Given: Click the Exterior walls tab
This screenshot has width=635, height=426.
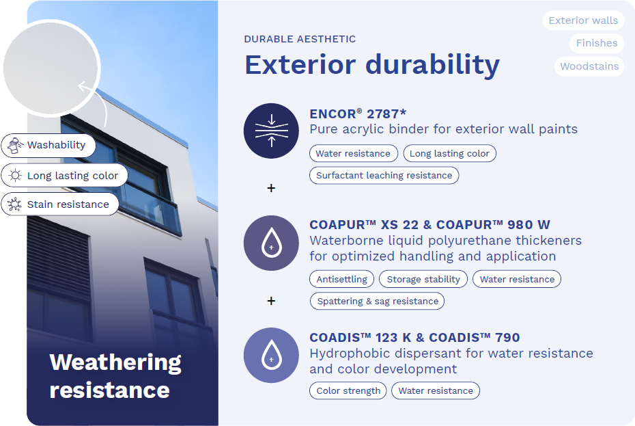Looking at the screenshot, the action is point(583,21).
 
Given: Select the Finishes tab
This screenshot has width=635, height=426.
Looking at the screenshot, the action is point(597,43).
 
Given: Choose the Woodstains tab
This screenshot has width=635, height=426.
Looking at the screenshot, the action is point(589,66).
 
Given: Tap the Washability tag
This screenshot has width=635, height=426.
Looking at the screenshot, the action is point(48,145).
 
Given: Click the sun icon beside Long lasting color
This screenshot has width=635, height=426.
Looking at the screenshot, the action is point(16,175).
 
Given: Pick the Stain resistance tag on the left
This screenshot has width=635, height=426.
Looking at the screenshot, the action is point(60,204).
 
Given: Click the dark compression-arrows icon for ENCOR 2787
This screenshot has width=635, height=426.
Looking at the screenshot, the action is point(271,131).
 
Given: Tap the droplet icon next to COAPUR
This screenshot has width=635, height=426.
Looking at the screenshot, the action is point(271,243).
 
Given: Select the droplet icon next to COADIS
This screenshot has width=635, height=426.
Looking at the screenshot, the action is point(271,356).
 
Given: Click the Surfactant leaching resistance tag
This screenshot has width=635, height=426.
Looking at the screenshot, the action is point(384,175).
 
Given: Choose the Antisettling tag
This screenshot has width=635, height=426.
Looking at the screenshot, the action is point(342,279).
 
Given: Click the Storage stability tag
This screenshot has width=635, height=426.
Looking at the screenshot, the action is point(423,279).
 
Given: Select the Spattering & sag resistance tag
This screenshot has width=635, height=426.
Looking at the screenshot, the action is point(377,301).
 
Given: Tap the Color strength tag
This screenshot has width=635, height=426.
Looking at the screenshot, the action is point(348,390).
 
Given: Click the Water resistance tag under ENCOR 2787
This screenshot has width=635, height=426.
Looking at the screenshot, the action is point(354,153).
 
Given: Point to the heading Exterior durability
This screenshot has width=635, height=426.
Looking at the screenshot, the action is point(372,64).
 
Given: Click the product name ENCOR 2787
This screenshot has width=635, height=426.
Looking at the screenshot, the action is point(358,114).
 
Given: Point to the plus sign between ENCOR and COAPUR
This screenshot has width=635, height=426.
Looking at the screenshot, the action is point(271,188).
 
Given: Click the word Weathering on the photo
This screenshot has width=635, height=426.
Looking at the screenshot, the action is point(115,362).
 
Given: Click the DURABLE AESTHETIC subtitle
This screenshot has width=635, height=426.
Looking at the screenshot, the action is point(300,39).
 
